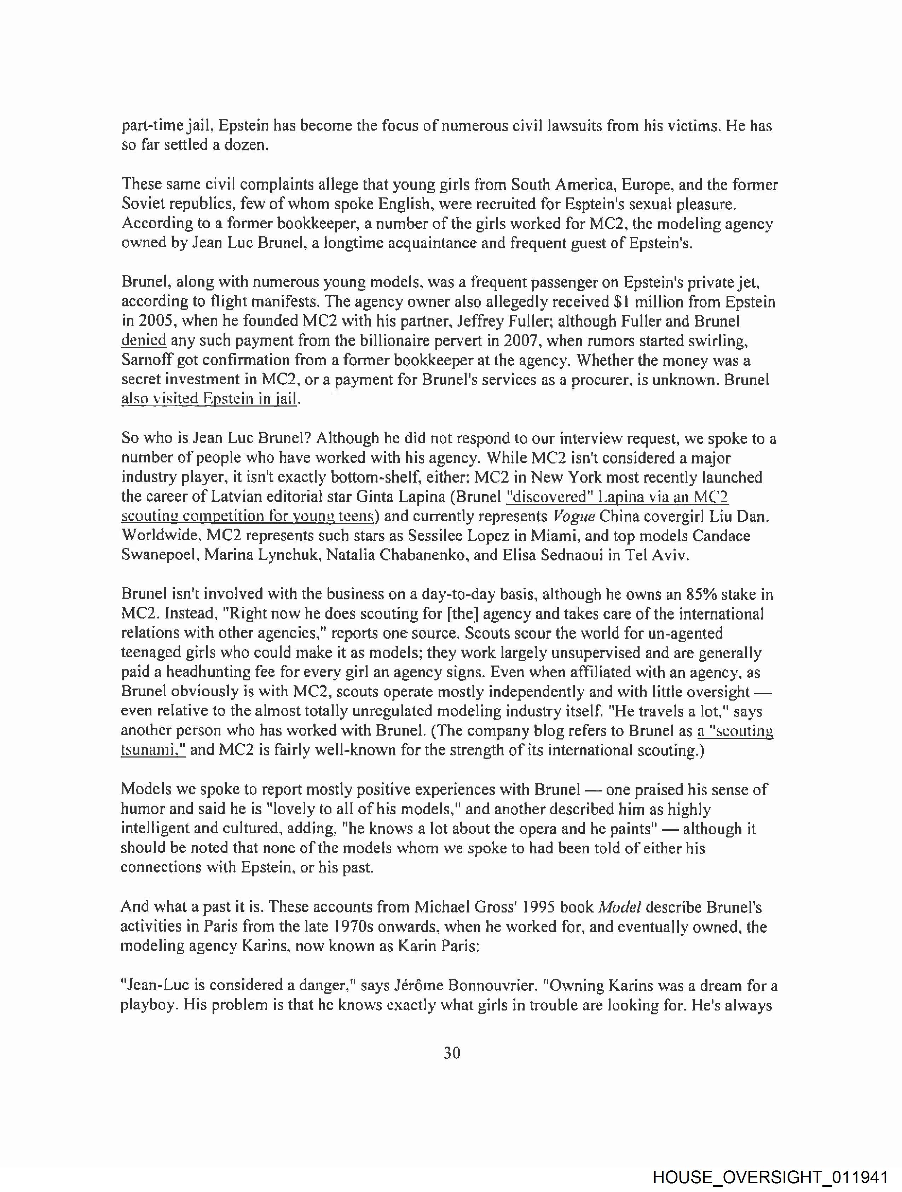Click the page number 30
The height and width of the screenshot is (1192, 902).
click(x=452, y=1053)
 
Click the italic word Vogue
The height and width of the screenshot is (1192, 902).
click(x=574, y=516)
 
